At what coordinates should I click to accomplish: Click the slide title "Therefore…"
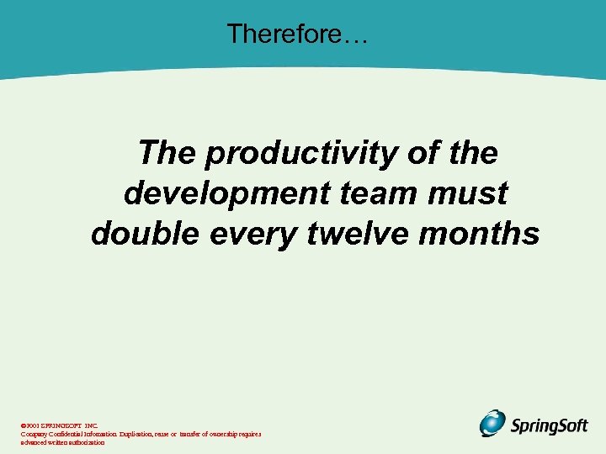point(296,34)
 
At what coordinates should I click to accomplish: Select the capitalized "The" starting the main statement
point(167,154)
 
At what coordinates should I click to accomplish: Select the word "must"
point(468,193)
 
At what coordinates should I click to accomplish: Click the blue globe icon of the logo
point(492,423)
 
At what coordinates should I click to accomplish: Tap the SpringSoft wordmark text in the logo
point(549,425)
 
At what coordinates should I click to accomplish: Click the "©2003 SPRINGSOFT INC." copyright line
point(59,426)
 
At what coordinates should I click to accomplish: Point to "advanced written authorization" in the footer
point(63,442)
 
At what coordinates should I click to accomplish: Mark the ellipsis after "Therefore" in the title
point(356,34)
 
